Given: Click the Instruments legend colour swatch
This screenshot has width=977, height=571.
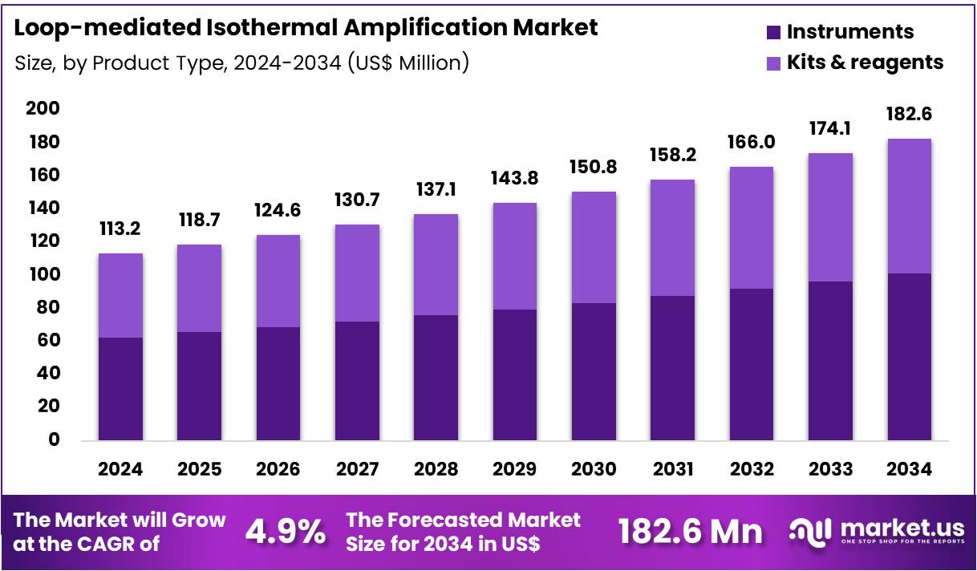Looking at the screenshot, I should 773,32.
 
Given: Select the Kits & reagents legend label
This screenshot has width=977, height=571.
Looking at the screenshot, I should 865,63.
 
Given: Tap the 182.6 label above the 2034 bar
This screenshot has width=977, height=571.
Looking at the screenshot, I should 909,114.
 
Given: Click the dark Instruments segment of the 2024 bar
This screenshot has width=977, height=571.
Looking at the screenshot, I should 120,389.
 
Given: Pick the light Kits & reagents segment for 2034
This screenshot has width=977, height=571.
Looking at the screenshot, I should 909,206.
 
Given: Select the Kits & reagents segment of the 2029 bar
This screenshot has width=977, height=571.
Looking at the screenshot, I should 514,256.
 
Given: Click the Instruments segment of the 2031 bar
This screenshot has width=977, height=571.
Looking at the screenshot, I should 672,368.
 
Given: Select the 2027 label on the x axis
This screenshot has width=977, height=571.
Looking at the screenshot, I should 356,470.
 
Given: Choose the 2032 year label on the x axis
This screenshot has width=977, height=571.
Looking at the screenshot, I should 751,470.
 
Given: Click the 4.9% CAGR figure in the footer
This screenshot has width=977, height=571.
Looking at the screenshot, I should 285,532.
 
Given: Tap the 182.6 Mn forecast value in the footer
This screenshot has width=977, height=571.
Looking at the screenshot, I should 690,532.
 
